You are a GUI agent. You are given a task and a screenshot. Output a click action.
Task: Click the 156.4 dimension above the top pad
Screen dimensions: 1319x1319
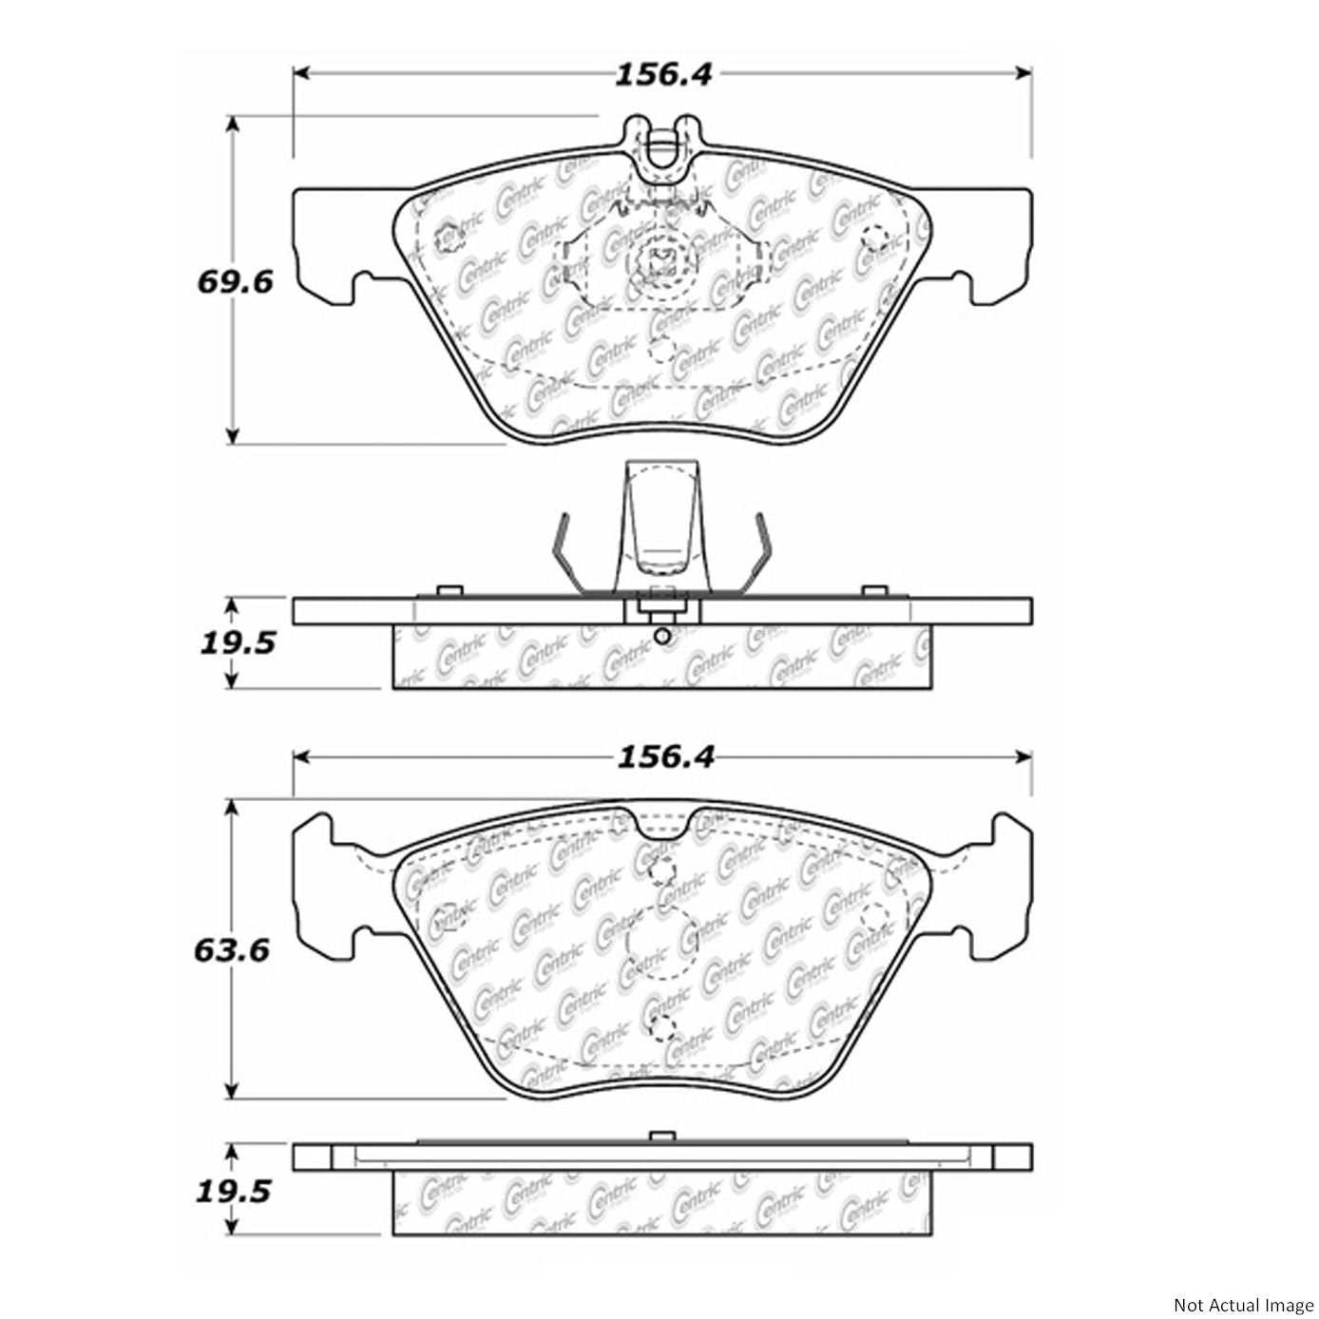click(x=662, y=74)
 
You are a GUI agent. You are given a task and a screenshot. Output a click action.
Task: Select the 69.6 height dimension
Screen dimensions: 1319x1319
click(x=235, y=282)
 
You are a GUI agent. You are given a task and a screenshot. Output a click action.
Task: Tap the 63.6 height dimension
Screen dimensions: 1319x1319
click(x=233, y=950)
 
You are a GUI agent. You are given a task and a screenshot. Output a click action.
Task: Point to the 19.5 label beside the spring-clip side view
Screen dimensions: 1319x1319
click(x=237, y=643)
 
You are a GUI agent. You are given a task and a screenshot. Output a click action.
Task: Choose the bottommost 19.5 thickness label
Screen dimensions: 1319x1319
click(x=234, y=1191)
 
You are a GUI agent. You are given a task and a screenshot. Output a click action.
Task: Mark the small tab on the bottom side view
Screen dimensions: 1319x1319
click(x=661, y=1137)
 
